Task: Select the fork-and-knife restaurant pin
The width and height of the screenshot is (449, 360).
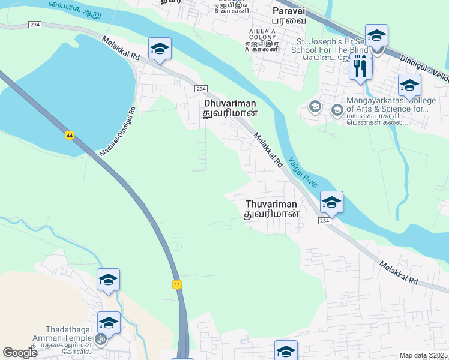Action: [360, 66]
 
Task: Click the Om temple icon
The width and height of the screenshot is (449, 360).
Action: [101, 339]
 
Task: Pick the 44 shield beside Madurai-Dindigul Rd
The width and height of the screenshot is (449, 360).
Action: [70, 135]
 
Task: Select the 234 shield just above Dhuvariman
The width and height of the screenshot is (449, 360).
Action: [201, 89]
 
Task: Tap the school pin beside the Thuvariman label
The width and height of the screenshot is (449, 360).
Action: [331, 202]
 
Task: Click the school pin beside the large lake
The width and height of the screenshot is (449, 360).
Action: [160, 49]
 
